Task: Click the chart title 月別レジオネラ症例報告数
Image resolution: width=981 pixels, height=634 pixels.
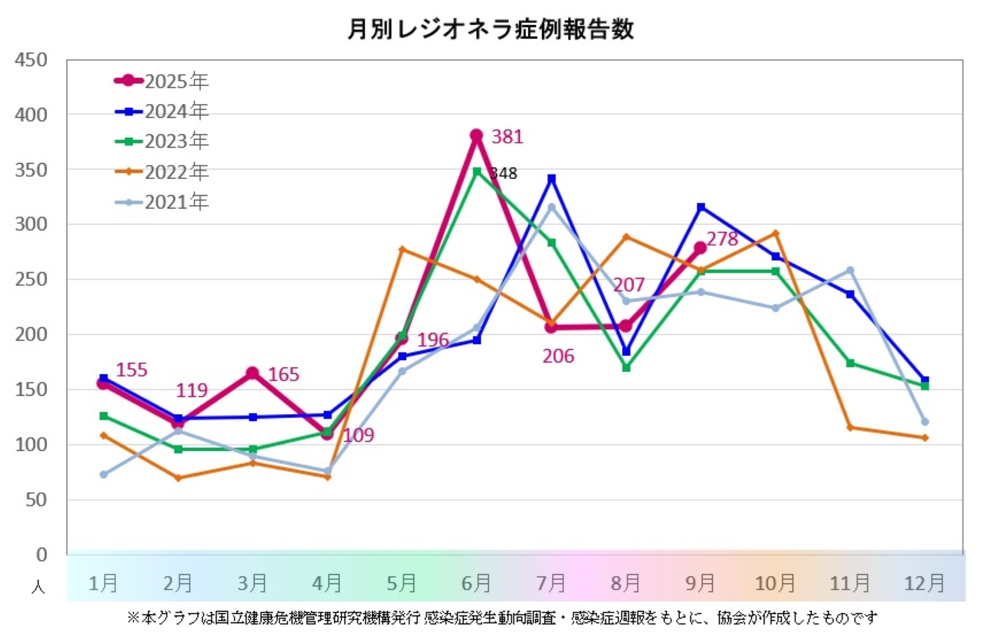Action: point(490,29)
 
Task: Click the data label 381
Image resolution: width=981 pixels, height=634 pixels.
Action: point(507,137)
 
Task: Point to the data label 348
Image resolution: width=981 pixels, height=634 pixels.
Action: point(504,173)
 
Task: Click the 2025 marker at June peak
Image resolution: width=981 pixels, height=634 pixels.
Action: point(476,135)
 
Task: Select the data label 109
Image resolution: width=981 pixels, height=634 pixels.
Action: point(358,435)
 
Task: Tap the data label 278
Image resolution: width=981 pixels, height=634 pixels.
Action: point(722,239)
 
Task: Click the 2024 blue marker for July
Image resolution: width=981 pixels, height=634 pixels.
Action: point(552,178)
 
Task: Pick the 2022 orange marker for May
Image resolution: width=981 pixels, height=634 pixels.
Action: point(402,249)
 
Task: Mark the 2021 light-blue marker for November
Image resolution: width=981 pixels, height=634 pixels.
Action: point(850,270)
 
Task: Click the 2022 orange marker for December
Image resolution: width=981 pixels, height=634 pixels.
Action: point(925,438)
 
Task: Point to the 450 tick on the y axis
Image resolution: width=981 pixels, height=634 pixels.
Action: point(31,60)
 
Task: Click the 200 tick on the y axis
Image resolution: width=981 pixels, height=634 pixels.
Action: point(31,334)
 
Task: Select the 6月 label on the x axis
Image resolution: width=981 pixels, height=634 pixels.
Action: point(476,583)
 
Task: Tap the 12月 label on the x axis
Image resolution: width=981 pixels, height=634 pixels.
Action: point(924,583)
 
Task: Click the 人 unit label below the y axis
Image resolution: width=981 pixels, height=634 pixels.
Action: point(38,586)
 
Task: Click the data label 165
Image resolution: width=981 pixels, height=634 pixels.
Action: point(283,375)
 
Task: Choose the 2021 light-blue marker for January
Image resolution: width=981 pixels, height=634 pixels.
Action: point(104,474)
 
